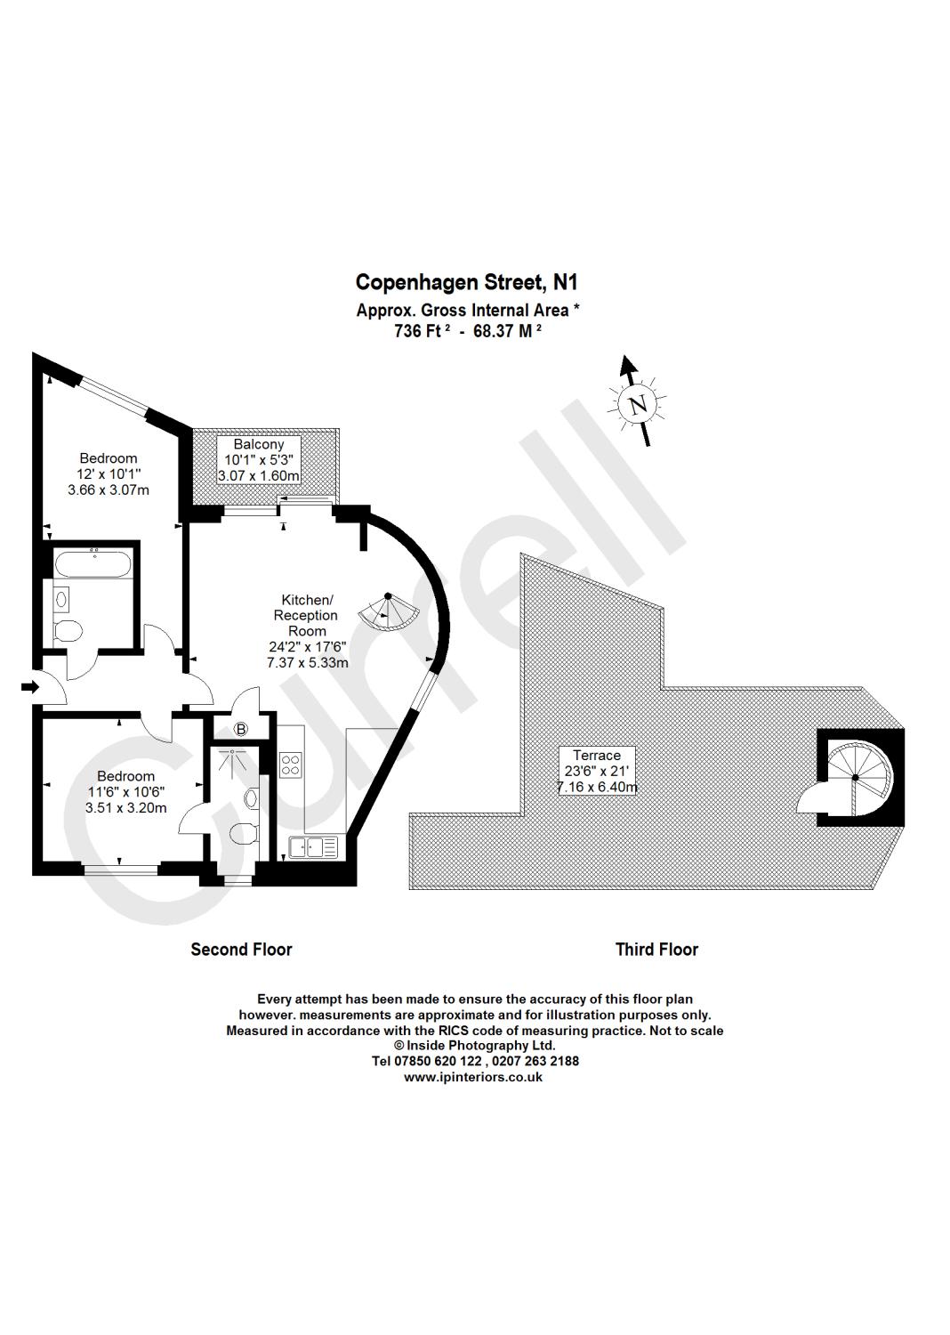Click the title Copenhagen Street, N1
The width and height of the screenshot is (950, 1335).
466,282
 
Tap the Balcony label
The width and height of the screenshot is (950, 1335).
259,444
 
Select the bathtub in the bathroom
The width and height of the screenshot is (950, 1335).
93,564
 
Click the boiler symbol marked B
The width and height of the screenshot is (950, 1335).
240,729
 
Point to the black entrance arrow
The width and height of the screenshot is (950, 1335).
29,686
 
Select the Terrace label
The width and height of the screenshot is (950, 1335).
597,755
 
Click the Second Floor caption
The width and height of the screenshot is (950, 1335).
241,950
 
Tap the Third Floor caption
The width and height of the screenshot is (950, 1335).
656,950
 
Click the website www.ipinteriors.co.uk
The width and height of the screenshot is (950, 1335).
473,1076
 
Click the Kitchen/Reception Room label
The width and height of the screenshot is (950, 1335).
306,615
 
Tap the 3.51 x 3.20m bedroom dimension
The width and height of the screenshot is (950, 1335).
125,808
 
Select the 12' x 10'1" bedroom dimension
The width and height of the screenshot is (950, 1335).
109,474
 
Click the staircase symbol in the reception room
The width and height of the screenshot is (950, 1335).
390,611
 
